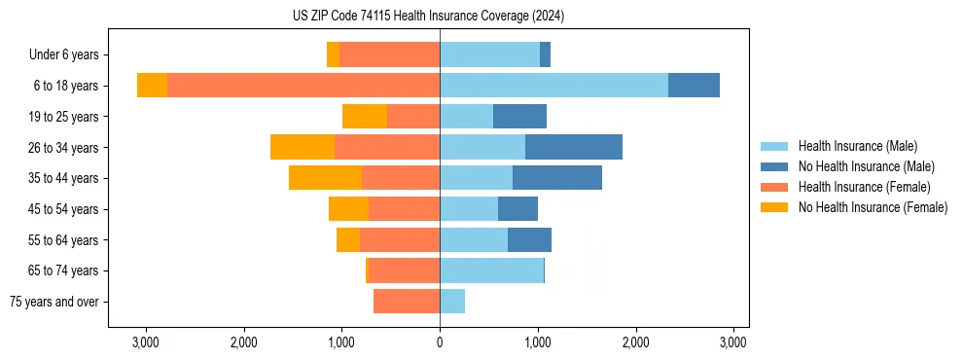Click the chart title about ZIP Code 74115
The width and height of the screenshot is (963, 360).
(428, 17)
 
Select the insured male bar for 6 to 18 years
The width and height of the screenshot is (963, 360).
(553, 86)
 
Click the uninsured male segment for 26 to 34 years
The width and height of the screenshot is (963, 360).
(574, 147)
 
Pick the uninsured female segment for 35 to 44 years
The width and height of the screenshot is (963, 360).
(325, 178)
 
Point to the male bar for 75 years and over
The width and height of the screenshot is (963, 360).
(452, 302)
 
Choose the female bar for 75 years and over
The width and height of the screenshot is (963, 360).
(407, 302)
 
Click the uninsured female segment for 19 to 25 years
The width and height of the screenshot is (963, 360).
(365, 117)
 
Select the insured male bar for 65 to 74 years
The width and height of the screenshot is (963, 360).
(491, 270)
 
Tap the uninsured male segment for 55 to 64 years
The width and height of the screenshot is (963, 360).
(529, 239)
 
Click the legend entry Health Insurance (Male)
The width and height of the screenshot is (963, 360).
(857, 146)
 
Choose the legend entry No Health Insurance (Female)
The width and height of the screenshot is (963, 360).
(873, 207)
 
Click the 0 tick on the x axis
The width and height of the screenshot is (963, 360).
(440, 342)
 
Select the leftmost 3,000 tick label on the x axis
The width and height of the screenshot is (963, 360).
(145, 342)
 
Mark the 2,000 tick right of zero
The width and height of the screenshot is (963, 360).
(636, 342)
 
